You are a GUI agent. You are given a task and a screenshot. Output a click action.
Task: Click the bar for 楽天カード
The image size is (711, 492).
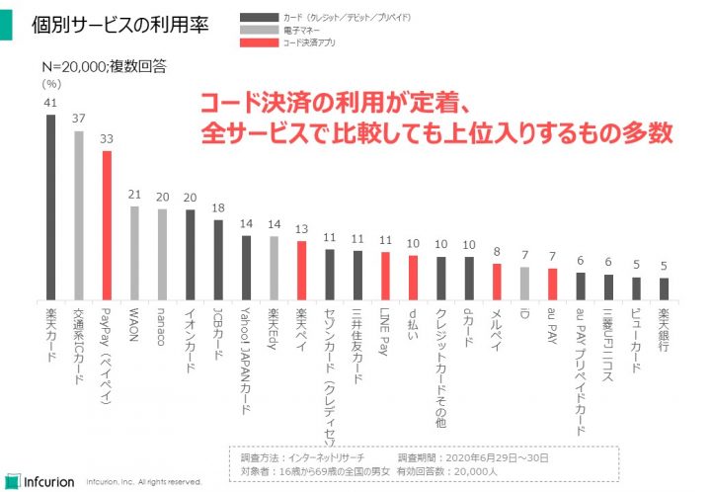(51, 206)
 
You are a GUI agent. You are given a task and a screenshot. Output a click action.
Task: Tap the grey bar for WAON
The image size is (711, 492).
(134, 253)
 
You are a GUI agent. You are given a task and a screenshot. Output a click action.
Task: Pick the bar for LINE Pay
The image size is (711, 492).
(386, 277)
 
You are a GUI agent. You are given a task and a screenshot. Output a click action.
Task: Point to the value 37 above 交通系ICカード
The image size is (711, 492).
(79, 119)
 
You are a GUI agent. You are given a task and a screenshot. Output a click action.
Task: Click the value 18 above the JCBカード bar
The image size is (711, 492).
(218, 207)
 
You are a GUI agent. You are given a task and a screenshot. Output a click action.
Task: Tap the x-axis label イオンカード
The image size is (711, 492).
(191, 336)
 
